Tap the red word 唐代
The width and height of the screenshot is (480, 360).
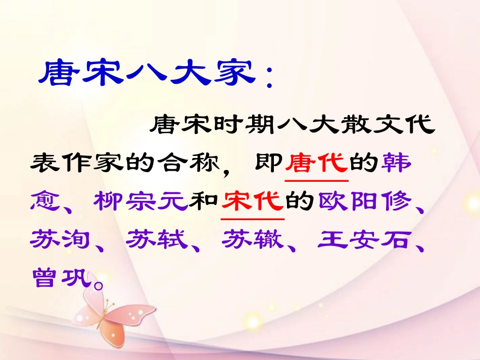(317, 163)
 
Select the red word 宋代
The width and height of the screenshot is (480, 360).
(253, 201)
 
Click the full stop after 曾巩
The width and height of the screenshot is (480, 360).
(100, 283)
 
